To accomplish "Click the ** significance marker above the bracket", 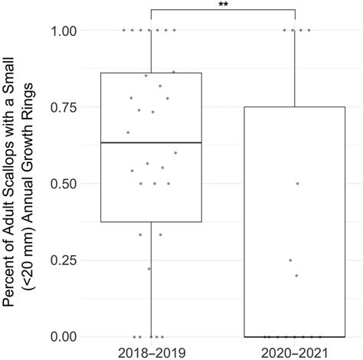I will click(223, 5).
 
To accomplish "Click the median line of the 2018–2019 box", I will click(151, 142).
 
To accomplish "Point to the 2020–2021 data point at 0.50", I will click(297, 183).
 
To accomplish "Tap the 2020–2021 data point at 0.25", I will click(290, 260).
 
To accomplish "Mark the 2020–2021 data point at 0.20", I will click(296, 275).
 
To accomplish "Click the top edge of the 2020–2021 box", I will click(295, 106).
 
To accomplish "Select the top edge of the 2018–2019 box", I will click(151, 73).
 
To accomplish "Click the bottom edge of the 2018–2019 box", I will click(151, 221).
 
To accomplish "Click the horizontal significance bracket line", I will click(223, 10).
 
